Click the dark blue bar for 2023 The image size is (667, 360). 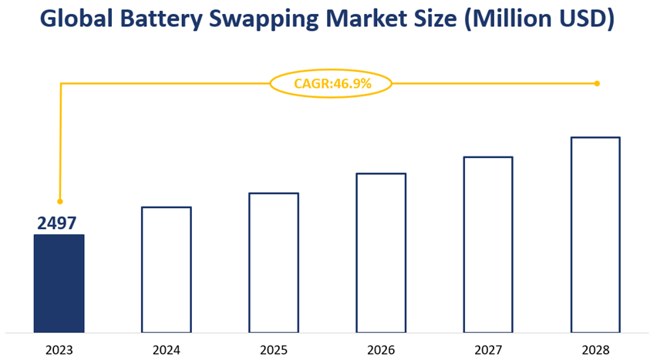coord(59,283)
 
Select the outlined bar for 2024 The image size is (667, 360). coord(166,269)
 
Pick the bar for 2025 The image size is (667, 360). coord(273,262)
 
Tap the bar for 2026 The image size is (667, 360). coord(380,252)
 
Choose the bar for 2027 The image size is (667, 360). coord(487,244)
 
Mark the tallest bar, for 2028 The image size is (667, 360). coord(595,234)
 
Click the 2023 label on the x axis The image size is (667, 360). coord(59,350)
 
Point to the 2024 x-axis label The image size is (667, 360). coord(166,350)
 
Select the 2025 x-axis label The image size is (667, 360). coord(273,350)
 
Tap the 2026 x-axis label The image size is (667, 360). coord(380,350)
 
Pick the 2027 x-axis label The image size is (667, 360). coord(487,350)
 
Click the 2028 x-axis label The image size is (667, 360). coord(595,350)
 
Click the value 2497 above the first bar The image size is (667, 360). coord(57,224)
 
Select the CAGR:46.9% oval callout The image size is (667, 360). coord(331,83)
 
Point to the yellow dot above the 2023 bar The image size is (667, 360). coord(60,201)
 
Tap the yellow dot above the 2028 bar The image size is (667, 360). coord(597,83)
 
